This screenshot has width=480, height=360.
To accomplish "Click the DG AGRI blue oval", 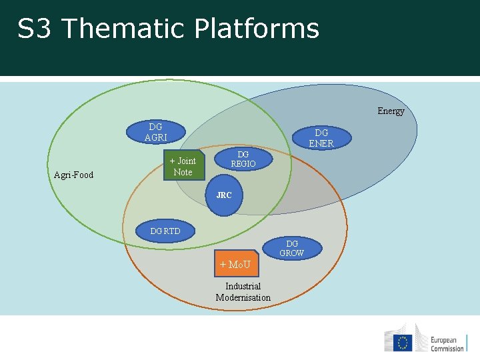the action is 156,132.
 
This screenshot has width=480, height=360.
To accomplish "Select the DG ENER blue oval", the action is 321,138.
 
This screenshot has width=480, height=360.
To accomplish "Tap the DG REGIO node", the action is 243,159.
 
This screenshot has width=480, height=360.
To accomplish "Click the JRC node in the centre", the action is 224,196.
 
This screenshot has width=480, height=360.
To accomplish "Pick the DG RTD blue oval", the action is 165,231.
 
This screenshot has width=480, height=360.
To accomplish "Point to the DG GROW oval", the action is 292,249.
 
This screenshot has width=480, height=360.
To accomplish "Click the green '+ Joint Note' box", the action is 183,167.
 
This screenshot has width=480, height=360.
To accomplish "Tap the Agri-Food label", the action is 73,175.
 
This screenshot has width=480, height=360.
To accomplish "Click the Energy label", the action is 391,111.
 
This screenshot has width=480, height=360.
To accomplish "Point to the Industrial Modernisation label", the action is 243,292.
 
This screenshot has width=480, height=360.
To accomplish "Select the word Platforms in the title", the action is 257,29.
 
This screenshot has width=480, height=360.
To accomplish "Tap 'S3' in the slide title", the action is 34,29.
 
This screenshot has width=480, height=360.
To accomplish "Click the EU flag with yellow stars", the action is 402,343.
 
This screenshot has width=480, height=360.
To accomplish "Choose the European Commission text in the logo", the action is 447,343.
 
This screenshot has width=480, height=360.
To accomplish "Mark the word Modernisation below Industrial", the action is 243,297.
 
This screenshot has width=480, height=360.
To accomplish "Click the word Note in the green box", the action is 183,172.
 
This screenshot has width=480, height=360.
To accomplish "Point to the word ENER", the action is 321,143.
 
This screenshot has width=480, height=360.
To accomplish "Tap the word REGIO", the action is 243,164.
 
